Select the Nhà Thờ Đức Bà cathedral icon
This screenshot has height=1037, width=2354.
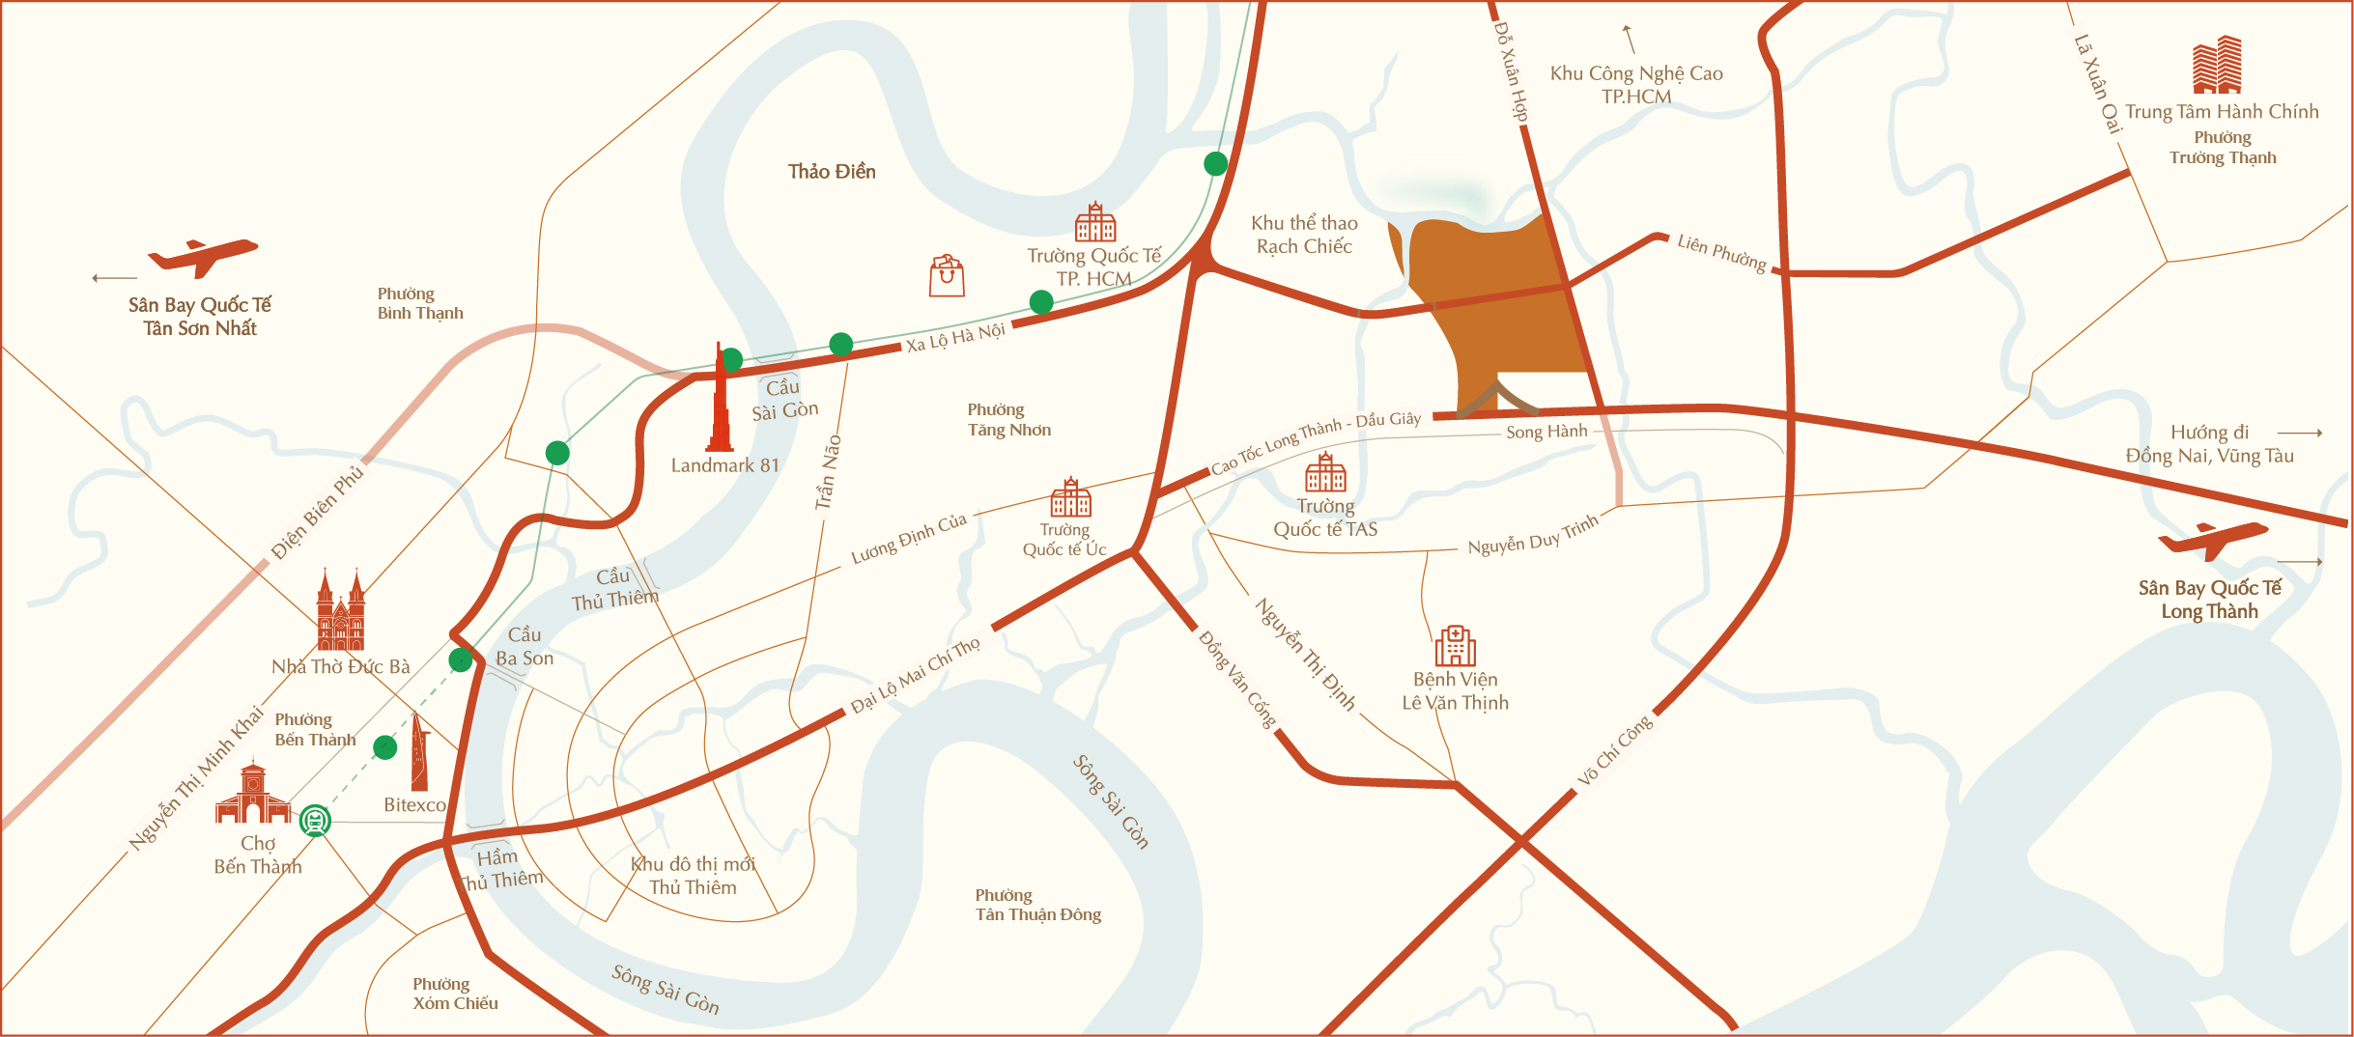tap(341, 612)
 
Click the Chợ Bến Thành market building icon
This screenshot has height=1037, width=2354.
tap(253, 794)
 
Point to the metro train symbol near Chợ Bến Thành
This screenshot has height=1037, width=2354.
tap(315, 821)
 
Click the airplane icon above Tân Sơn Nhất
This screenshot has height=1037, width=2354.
tap(203, 257)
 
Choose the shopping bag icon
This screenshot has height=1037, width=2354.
tap(947, 276)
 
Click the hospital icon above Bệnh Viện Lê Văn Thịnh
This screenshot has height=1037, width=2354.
tap(1455, 646)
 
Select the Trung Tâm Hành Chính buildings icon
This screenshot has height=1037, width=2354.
tap(2217, 65)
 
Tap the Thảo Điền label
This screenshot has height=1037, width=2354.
tap(832, 172)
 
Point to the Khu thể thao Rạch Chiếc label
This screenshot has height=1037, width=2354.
tap(1304, 235)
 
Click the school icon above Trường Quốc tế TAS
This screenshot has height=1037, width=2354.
tap(1325, 473)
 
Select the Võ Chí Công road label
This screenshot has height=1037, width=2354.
tap(1615, 750)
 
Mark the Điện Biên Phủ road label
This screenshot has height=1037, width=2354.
tap(318, 513)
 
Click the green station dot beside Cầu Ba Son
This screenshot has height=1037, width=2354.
tap(461, 660)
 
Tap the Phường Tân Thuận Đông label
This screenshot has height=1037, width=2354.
tap(1037, 905)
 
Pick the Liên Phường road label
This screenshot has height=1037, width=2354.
tap(1721, 254)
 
